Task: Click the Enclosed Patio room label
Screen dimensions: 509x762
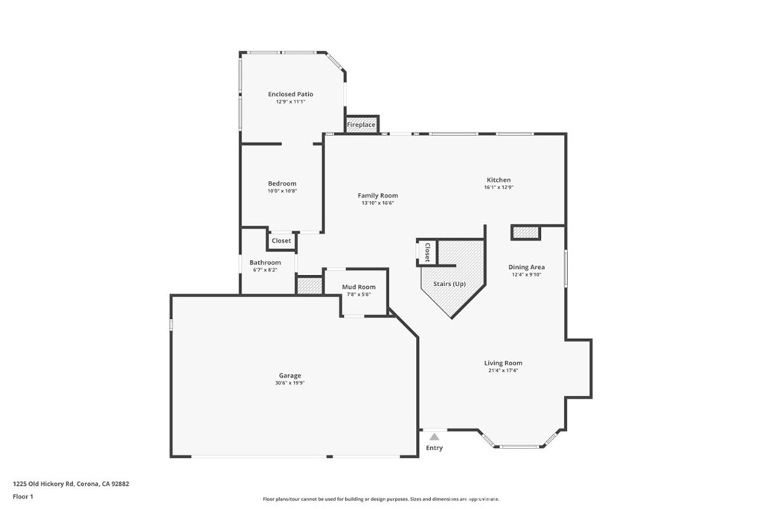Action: pyautogui.click(x=290, y=94)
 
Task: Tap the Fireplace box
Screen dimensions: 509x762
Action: pyautogui.click(x=362, y=124)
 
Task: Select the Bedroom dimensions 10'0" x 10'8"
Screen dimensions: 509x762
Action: pyautogui.click(x=282, y=192)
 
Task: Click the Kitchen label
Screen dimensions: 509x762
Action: pyautogui.click(x=499, y=180)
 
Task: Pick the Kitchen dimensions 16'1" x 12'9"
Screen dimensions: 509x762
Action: pyautogui.click(x=499, y=187)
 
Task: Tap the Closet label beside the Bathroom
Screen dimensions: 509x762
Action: pyautogui.click(x=281, y=241)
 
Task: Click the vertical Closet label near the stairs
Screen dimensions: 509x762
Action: pyautogui.click(x=427, y=252)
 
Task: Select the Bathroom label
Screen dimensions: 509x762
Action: pyautogui.click(x=265, y=262)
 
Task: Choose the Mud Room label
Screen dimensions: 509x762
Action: pyautogui.click(x=359, y=287)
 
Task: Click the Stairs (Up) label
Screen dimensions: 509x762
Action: pyautogui.click(x=449, y=284)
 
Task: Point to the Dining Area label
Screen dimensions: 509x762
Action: pyautogui.click(x=526, y=267)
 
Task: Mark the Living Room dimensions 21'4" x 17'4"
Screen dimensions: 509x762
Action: pyautogui.click(x=503, y=370)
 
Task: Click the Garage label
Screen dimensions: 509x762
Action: pyautogui.click(x=290, y=376)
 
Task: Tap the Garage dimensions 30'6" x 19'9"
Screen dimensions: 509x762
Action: pyautogui.click(x=290, y=383)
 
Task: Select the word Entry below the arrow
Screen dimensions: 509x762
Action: pyautogui.click(x=434, y=448)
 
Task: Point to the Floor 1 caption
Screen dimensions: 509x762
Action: pyautogui.click(x=23, y=496)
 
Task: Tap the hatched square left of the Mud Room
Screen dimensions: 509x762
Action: pyautogui.click(x=308, y=285)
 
